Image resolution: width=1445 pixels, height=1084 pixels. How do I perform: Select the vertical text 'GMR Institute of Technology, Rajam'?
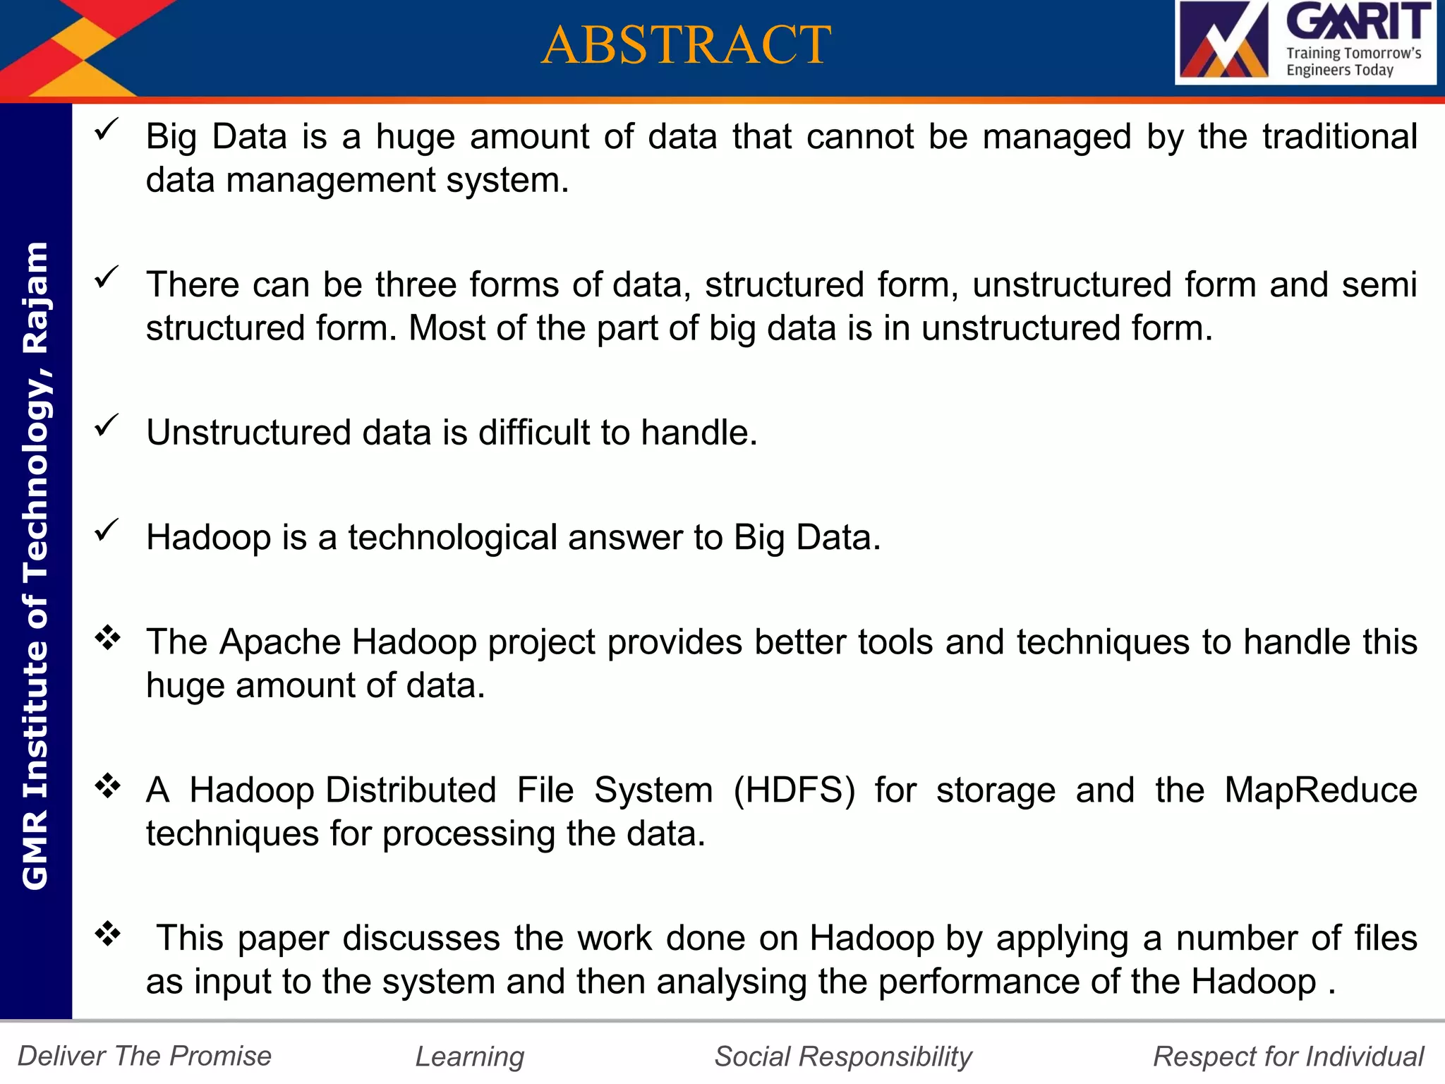tap(35, 565)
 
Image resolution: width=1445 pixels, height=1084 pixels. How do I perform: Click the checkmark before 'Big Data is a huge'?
tap(107, 129)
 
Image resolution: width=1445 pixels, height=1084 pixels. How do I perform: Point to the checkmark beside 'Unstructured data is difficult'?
tap(107, 425)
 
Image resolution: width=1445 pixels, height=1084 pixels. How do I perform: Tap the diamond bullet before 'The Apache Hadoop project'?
tap(108, 637)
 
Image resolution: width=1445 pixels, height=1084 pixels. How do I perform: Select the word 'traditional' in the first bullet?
tap(1339, 136)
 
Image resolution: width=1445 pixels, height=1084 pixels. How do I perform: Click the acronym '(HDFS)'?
tap(794, 790)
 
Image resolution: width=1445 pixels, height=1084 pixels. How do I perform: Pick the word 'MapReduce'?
tap(1320, 790)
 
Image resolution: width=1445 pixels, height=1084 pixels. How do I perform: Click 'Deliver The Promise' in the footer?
tap(145, 1056)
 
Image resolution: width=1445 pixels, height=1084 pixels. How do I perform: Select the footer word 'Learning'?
tap(469, 1056)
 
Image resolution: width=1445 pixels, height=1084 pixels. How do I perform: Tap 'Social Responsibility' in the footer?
tap(843, 1056)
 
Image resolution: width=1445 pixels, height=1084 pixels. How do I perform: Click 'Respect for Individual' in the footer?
tap(1288, 1056)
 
